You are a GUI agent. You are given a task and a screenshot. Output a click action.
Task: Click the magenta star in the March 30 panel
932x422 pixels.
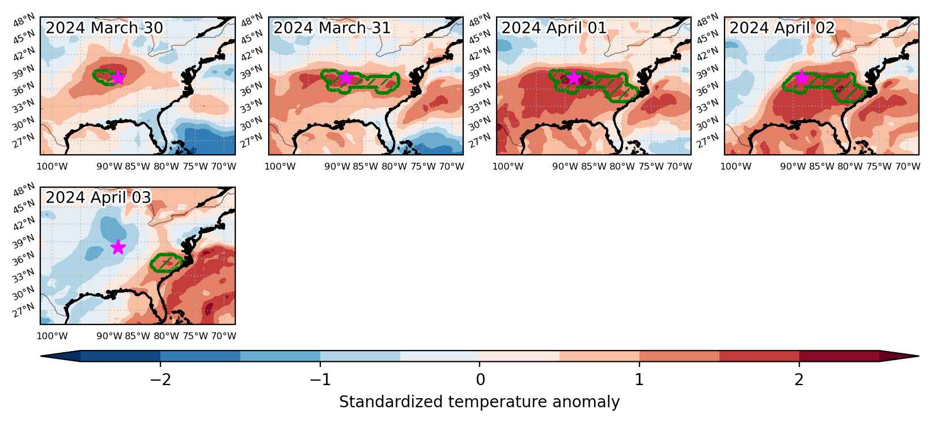click(118, 77)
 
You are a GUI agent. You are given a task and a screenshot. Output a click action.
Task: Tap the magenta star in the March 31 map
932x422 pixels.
click(346, 77)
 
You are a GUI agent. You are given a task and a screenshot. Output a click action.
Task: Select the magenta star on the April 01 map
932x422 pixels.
click(574, 77)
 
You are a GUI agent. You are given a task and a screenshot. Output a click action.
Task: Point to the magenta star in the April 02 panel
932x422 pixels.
click(802, 77)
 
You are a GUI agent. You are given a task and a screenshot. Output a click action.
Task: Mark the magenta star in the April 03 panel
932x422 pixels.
click(118, 247)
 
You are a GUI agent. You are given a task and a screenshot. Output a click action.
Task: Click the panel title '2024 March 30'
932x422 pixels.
click(104, 28)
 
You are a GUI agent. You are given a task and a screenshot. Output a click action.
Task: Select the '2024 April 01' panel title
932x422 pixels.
click(554, 28)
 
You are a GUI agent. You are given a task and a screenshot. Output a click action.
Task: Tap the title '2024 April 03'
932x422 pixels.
click(98, 198)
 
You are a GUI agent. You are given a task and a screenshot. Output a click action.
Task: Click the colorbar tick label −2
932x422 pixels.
click(160, 379)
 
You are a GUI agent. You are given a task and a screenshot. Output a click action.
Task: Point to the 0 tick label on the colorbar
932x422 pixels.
click(480, 379)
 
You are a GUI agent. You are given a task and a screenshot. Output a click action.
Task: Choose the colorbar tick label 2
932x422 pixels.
click(799, 379)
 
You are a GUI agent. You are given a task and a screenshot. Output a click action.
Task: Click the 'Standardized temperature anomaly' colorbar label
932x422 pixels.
click(479, 402)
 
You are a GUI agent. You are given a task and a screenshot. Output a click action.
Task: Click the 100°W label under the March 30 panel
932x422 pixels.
click(52, 166)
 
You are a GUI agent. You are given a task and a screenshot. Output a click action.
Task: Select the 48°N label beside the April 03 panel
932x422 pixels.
click(24, 189)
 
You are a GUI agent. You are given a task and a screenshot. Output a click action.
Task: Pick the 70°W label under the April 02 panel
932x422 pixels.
click(908, 166)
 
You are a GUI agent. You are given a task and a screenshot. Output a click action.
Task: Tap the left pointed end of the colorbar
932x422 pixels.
click(41, 356)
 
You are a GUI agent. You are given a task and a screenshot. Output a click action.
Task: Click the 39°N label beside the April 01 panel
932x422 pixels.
click(480, 72)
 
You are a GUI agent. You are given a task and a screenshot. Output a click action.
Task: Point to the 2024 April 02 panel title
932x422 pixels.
click(782, 28)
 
